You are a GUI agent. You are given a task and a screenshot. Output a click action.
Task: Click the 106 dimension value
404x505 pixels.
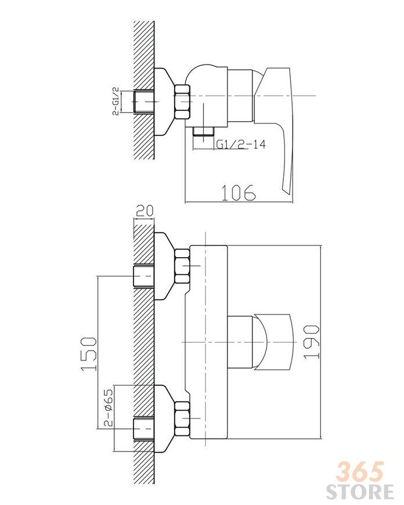click(x=239, y=193)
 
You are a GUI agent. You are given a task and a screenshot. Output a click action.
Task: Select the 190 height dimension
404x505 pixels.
click(x=312, y=342)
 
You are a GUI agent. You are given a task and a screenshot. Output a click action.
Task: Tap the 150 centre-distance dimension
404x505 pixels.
click(x=89, y=354)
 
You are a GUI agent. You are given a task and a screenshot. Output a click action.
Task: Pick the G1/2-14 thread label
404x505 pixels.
click(x=241, y=144)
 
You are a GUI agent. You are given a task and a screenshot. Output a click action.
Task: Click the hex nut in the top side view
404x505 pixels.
click(x=182, y=102)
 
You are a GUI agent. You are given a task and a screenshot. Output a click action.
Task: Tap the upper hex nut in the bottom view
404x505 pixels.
click(x=182, y=266)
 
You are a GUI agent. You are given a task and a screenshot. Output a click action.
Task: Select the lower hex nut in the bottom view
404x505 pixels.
click(x=182, y=419)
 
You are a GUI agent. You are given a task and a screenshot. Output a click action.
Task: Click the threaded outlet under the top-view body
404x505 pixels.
click(x=204, y=130)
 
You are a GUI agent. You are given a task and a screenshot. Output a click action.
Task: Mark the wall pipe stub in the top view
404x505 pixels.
click(x=143, y=102)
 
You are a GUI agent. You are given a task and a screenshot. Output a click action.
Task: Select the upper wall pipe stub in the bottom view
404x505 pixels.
click(x=143, y=276)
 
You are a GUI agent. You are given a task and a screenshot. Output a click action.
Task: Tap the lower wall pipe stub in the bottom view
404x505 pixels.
click(x=143, y=429)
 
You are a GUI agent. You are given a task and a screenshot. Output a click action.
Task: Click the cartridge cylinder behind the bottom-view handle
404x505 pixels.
click(x=240, y=341)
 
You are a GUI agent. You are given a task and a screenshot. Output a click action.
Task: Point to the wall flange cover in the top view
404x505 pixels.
click(x=164, y=102)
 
